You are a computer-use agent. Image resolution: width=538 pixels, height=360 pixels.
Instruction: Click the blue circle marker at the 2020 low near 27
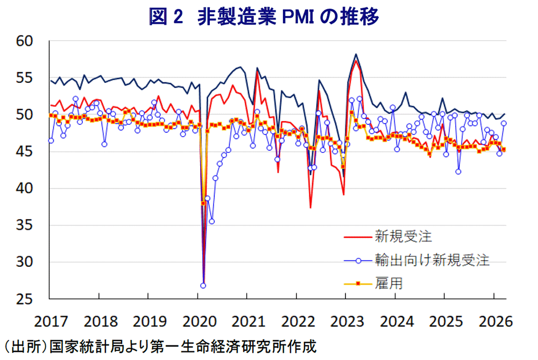coord(203,285)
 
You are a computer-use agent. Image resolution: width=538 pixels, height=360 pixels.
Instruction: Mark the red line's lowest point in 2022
coord(310,207)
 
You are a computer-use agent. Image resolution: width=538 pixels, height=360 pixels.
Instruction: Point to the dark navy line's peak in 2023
coord(356,54)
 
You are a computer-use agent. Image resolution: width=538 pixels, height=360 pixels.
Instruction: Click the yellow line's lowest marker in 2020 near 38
coord(203,203)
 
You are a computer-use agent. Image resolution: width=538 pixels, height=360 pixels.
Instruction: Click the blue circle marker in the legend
coord(358,260)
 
